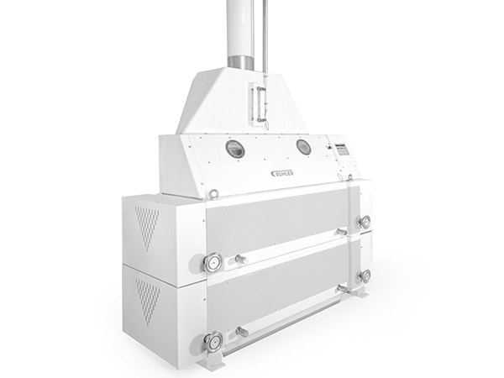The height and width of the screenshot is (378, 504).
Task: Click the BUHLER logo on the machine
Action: tap(282, 173)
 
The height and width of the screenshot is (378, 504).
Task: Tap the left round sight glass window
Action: tap(235, 149)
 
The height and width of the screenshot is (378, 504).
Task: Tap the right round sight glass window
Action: tap(302, 147)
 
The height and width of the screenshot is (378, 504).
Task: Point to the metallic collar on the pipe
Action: tap(240, 60)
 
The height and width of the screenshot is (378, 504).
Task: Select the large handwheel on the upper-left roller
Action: tap(213, 263)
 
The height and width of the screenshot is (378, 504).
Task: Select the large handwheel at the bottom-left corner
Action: tap(213, 342)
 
